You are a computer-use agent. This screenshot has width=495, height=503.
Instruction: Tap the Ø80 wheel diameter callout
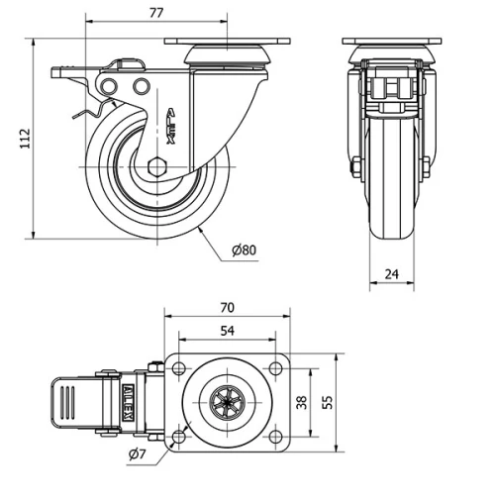(244, 250)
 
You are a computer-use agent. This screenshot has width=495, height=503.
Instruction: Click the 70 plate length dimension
(227, 308)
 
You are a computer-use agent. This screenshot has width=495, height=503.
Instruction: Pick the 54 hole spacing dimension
(227, 332)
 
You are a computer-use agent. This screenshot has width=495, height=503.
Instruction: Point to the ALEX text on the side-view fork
(170, 127)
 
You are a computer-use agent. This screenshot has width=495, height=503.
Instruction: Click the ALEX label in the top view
(129, 403)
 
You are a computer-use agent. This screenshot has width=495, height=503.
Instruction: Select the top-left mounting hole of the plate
(179, 368)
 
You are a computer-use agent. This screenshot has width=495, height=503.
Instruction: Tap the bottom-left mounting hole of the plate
(179, 436)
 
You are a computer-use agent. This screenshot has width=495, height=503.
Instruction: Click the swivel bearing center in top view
(227, 402)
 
